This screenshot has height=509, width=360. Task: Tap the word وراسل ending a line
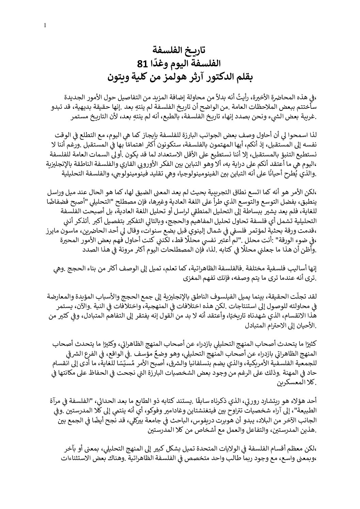pos(54,191)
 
